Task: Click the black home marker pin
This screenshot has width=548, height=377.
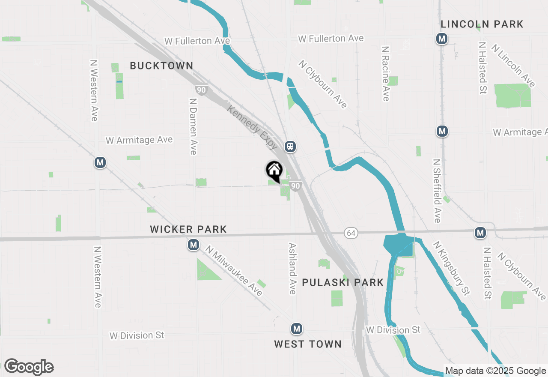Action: point(274,171)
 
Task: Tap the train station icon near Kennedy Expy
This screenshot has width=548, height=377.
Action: point(291,147)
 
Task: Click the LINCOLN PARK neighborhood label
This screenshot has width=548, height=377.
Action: point(482,24)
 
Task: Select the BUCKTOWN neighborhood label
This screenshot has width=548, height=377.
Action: point(161,66)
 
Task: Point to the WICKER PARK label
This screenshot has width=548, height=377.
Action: point(188,230)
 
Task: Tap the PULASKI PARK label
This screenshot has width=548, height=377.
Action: point(342,282)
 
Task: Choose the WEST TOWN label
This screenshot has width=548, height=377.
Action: point(308,344)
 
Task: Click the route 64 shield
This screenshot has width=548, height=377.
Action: point(351,233)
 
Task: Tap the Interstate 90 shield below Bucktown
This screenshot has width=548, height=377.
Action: point(201,90)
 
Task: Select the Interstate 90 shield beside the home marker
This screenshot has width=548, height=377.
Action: point(295,186)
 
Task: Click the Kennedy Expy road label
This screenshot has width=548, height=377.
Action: point(253,127)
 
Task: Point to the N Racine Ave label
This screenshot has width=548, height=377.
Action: point(385,74)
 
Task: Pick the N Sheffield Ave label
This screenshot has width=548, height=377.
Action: point(437,191)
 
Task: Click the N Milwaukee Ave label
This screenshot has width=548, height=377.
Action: point(234,271)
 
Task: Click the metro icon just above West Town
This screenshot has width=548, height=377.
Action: point(296,329)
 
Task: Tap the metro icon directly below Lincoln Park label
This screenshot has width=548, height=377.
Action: point(442,39)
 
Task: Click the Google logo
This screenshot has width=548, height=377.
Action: point(29,367)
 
